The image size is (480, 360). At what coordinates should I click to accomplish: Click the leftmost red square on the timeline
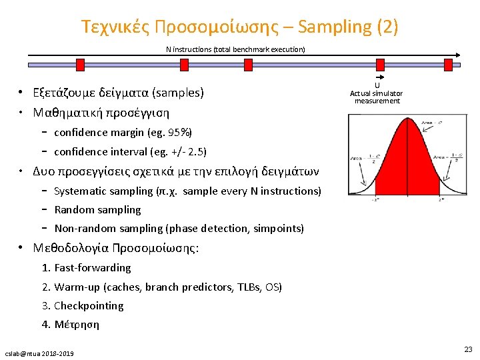point(80,64)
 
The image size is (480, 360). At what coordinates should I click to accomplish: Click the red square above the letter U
point(380,64)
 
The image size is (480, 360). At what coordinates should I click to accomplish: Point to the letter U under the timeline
point(377,85)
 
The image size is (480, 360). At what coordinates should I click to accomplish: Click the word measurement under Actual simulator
point(377,101)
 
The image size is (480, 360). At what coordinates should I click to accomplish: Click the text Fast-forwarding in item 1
point(93,268)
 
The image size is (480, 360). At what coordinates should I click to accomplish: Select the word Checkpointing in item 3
point(89,306)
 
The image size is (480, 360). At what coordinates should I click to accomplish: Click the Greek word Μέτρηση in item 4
point(77,325)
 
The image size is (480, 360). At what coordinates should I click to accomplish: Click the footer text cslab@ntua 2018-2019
point(39,353)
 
